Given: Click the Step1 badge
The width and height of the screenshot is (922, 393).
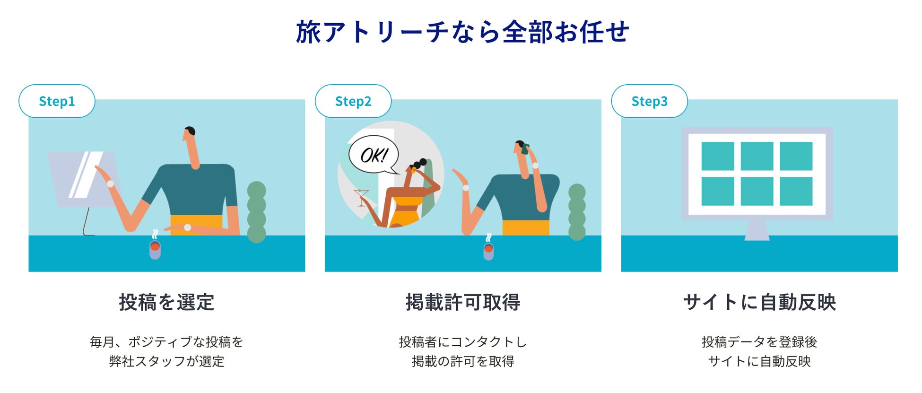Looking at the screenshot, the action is pyautogui.click(x=57, y=101).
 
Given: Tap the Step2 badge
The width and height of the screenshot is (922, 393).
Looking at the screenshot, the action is pyautogui.click(x=353, y=101).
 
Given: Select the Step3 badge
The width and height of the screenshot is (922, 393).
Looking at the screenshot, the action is pyautogui.click(x=649, y=101).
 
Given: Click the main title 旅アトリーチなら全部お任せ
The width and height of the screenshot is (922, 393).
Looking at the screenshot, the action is pyautogui.click(x=462, y=32).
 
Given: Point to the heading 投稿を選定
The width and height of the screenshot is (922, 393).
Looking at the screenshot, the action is pyautogui.click(x=166, y=302).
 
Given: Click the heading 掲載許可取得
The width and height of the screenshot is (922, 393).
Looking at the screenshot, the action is pyautogui.click(x=463, y=302).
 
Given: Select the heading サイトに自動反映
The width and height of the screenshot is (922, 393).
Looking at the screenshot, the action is pyautogui.click(x=759, y=302).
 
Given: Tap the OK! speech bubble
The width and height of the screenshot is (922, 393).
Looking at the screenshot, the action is pyautogui.click(x=374, y=155).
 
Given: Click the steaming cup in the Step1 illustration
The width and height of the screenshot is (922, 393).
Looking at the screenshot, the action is pyautogui.click(x=155, y=249).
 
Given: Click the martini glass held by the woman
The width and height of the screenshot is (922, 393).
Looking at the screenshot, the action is pyautogui.click(x=361, y=196).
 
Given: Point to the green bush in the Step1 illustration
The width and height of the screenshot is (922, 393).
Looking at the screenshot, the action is pyautogui.click(x=257, y=212).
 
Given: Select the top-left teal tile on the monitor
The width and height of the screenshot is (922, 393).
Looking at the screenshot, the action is pyautogui.click(x=717, y=156).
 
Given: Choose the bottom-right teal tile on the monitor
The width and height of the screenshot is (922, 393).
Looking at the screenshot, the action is pyautogui.click(x=796, y=192).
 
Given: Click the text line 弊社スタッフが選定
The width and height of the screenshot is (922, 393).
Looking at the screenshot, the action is pyautogui.click(x=166, y=361).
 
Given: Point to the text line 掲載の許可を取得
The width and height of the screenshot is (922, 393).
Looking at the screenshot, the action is pyautogui.click(x=463, y=361).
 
